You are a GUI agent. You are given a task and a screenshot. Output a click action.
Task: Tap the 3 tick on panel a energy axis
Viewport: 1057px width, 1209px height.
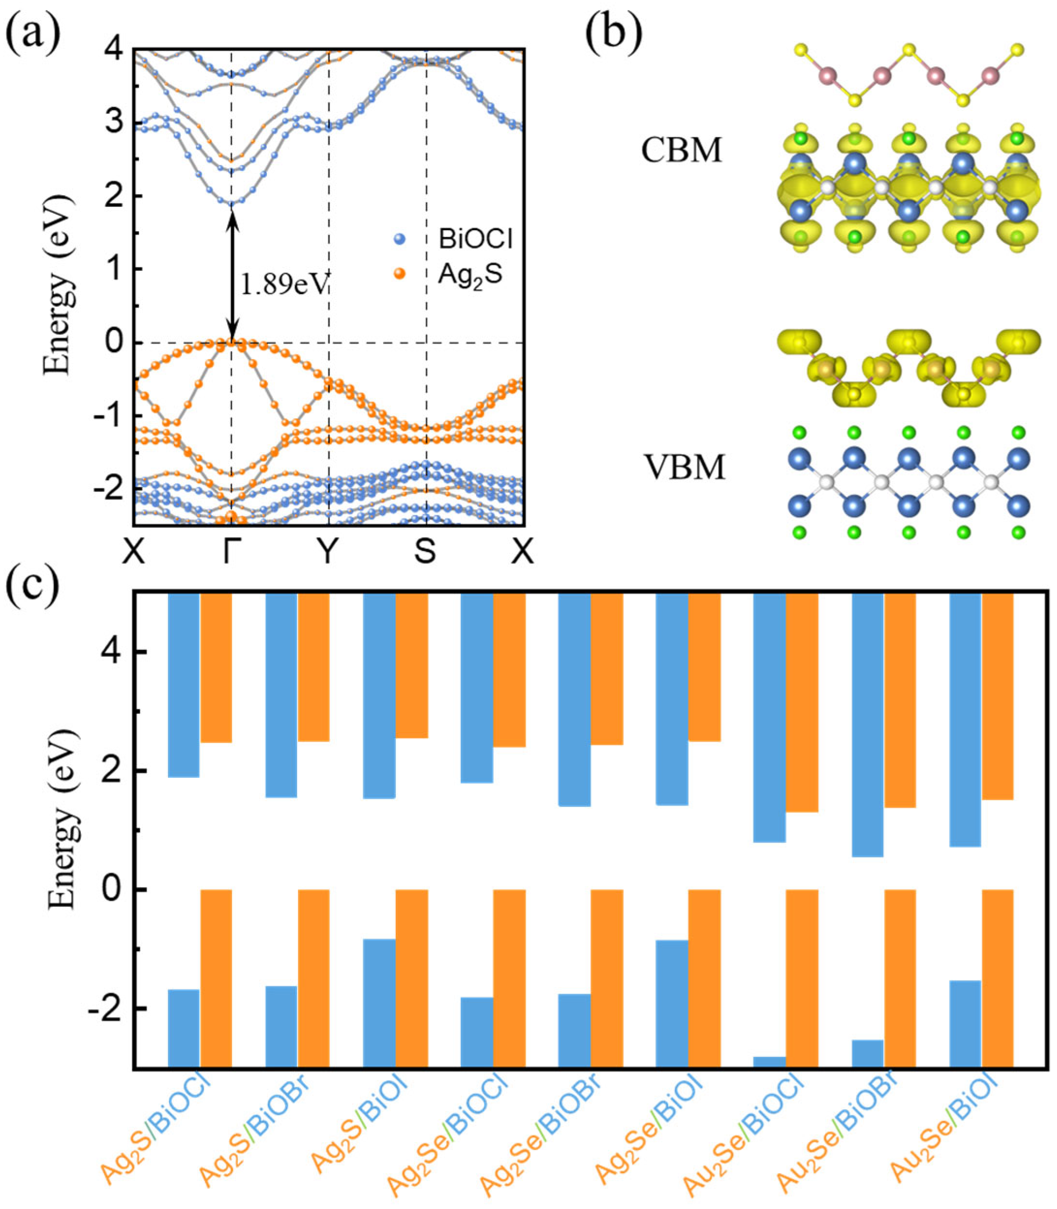tap(111, 123)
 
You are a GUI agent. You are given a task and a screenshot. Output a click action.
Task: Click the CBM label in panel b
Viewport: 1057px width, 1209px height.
tap(681, 151)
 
